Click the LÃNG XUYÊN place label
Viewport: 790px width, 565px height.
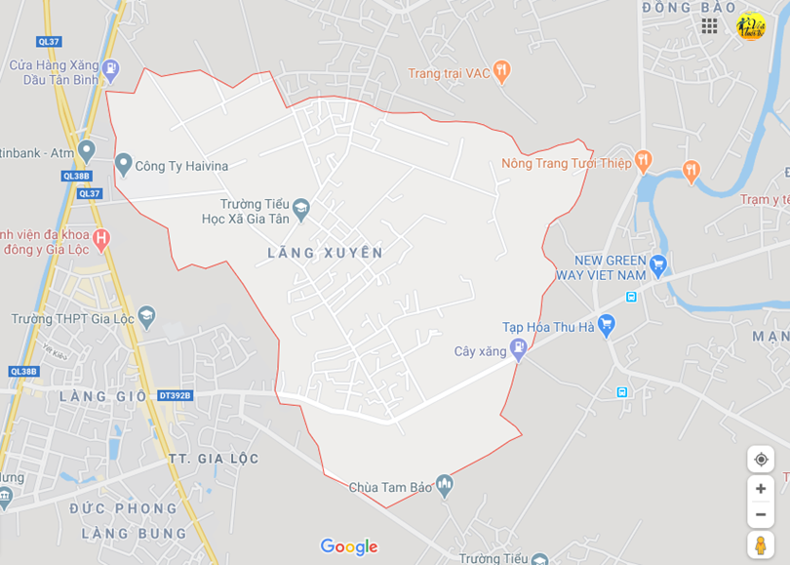coord(325,253)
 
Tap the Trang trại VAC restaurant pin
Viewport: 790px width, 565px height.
coord(501,70)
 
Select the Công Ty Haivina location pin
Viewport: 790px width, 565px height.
coord(123,164)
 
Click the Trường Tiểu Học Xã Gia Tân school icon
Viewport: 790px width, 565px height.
coord(301,207)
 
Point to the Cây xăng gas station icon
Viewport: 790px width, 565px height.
coord(518,347)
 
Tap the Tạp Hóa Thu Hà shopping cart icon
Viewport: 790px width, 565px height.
coord(607,324)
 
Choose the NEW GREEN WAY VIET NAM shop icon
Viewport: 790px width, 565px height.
coord(658,262)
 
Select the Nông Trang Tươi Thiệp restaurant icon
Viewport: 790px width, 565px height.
coord(642,160)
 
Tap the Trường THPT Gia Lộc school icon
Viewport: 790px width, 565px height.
coord(146,315)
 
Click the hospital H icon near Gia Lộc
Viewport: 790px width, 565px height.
coord(101,237)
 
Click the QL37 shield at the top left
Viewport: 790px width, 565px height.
coord(49,41)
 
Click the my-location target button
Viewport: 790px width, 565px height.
coord(761,459)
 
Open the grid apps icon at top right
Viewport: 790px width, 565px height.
coord(709,26)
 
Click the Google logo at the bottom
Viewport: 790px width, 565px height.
coord(348,547)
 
